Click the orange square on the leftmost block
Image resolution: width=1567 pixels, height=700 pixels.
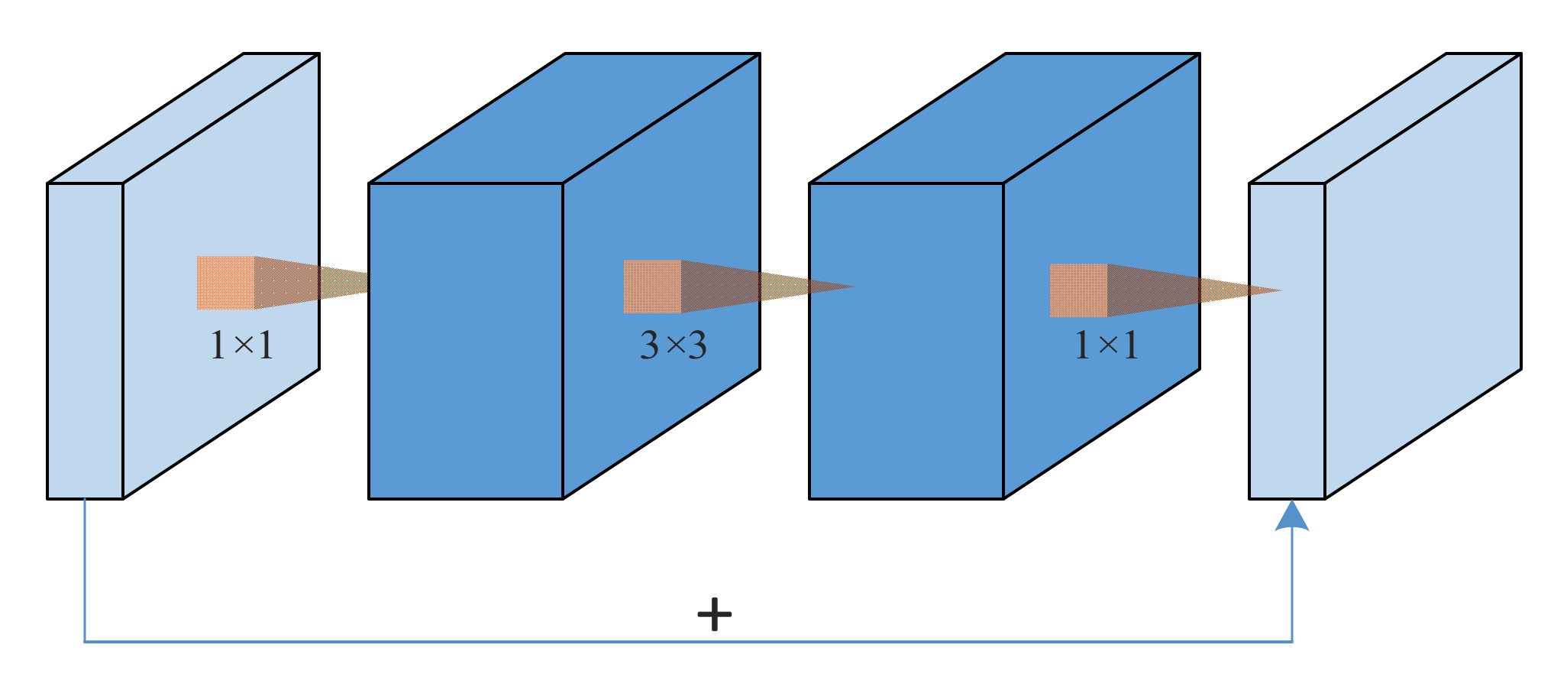(x=225, y=283)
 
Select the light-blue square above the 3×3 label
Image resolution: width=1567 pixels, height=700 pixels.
(x=651, y=287)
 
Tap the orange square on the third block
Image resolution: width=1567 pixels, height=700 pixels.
(x=1078, y=290)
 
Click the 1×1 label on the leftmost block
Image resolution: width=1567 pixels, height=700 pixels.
(x=241, y=345)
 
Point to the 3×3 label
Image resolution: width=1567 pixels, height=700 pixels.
(x=673, y=345)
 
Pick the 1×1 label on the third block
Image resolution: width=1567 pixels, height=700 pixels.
(x=1106, y=345)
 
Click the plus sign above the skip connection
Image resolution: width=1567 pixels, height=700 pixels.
(x=715, y=614)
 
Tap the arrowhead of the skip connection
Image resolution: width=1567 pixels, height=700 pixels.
(x=1292, y=517)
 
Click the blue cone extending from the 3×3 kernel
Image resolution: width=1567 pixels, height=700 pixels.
(x=756, y=287)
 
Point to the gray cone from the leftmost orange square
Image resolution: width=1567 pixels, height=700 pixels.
(x=309, y=283)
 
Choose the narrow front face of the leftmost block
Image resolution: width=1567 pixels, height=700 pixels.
(x=85, y=341)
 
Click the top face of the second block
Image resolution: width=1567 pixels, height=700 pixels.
(x=564, y=118)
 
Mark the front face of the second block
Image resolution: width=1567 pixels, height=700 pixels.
(x=466, y=341)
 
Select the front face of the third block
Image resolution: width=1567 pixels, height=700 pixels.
(x=906, y=341)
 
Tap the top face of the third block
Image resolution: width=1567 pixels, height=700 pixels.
(x=1004, y=118)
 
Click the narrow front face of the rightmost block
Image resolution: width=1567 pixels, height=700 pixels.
(x=1287, y=341)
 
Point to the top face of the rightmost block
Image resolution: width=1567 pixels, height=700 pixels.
(x=1385, y=118)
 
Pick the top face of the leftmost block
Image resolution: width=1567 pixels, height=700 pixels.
(x=183, y=118)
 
